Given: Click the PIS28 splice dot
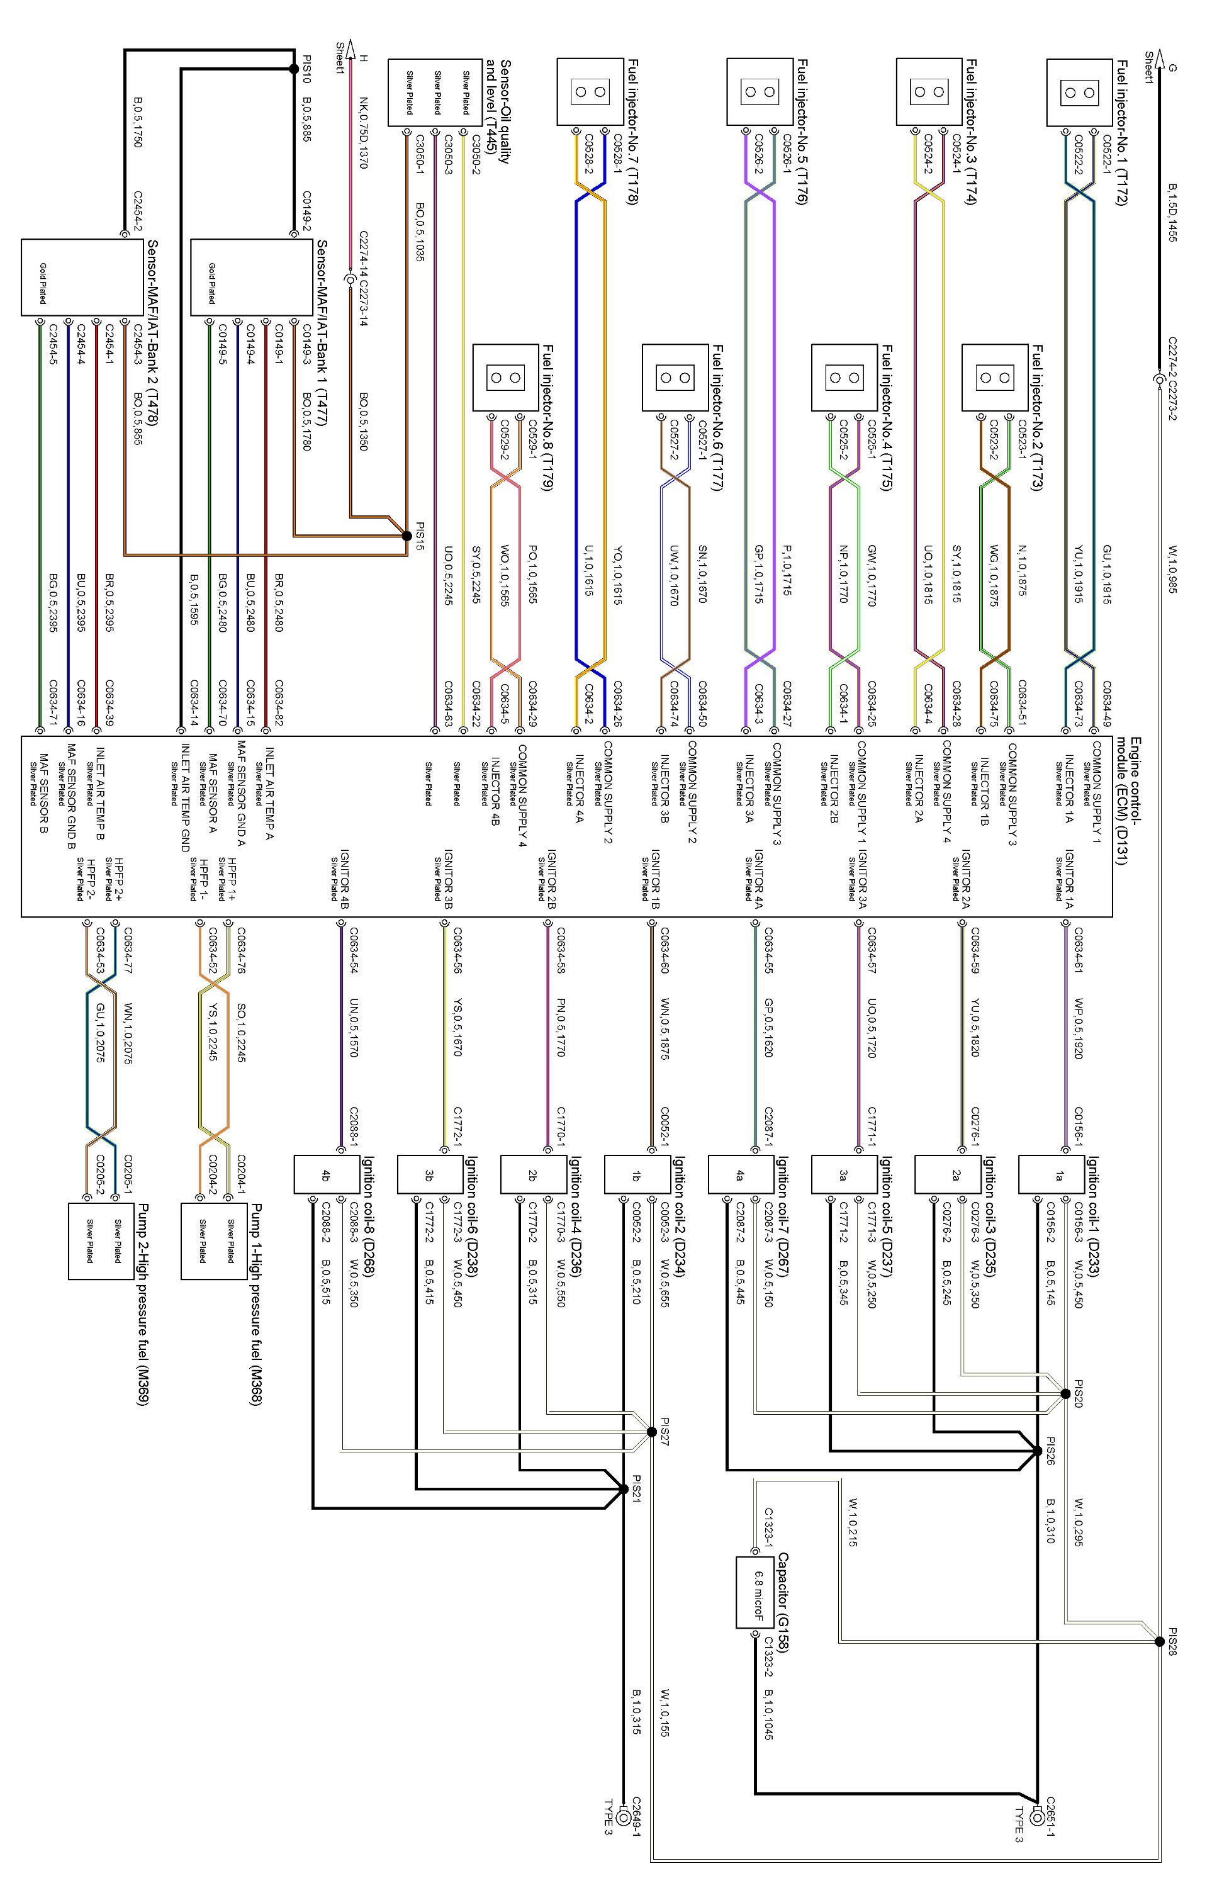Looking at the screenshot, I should coord(1159,1641).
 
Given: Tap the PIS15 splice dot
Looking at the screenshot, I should coord(407,536).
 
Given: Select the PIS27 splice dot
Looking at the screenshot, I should coord(651,1432).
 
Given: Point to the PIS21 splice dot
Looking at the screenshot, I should coord(624,1489).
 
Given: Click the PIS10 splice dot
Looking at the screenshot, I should coord(294,69).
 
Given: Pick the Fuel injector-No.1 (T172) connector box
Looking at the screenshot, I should coord(1079,93).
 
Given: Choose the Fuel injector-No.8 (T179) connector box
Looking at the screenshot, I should coord(506,378).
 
